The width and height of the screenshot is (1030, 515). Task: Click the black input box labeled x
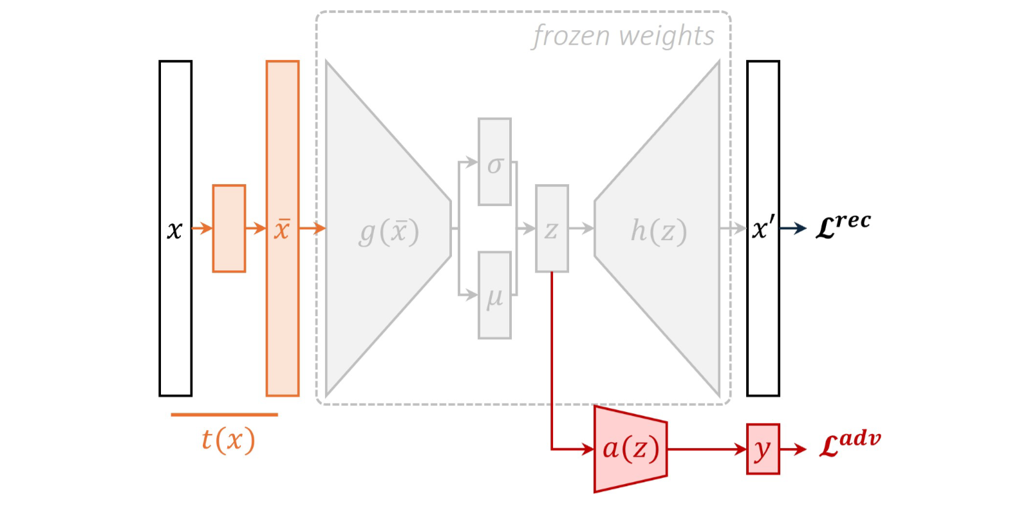(x=175, y=229)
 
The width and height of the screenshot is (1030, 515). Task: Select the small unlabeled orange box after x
(x=229, y=229)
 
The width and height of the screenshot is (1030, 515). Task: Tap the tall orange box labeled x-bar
(x=283, y=229)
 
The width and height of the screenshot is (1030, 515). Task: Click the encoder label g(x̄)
(x=389, y=232)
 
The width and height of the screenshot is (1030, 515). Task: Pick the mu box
(x=494, y=295)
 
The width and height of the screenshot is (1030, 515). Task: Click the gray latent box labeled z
(x=552, y=229)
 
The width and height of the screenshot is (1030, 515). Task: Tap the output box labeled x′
(x=763, y=229)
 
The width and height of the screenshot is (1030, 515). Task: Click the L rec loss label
(x=843, y=225)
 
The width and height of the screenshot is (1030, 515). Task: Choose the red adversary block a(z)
(x=631, y=449)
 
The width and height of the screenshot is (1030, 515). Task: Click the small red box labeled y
(x=763, y=449)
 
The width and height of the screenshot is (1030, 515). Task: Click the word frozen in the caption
(x=571, y=36)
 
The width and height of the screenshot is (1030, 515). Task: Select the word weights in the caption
(x=667, y=36)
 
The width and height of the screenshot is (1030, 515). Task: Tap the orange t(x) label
(x=229, y=440)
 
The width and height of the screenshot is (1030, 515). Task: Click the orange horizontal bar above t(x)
(x=224, y=415)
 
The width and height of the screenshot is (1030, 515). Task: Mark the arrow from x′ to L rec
(x=793, y=229)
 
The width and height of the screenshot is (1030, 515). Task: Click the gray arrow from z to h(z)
(x=581, y=229)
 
